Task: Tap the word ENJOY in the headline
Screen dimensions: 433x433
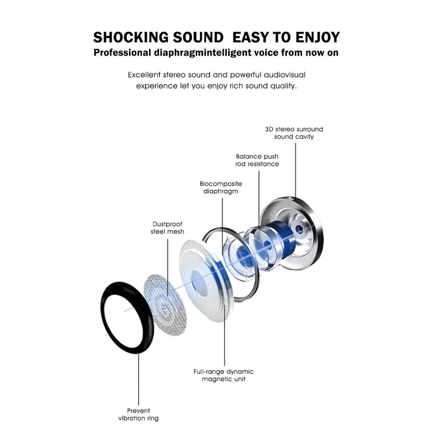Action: click(317, 37)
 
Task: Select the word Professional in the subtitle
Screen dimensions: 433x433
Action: click(122, 53)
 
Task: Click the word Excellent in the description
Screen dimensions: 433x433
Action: click(144, 74)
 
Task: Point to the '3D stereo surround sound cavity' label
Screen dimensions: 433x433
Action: click(294, 133)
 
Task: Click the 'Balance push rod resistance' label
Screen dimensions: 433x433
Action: click(257, 160)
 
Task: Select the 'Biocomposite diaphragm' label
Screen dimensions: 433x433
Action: click(221, 187)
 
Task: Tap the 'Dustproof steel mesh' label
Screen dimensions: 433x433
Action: click(167, 228)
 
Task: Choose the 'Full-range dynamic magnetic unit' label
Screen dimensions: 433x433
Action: click(223, 375)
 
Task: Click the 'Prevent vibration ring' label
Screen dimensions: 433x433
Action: click(138, 415)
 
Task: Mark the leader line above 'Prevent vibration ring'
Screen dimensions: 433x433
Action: click(138, 379)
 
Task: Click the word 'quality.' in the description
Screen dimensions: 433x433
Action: click(283, 86)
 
